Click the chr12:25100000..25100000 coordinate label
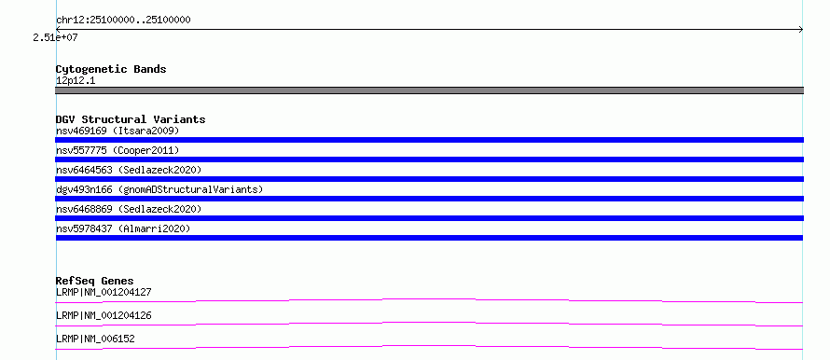click(123, 21)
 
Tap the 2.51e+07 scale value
click(56, 37)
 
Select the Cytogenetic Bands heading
click(111, 69)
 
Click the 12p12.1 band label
click(76, 81)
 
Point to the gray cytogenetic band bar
click(429, 90)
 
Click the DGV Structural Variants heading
click(131, 119)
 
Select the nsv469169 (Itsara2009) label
click(118, 131)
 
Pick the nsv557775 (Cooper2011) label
click(118, 150)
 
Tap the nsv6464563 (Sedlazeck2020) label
click(129, 170)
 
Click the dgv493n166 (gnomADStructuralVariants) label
click(159, 189)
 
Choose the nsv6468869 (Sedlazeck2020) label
click(129, 209)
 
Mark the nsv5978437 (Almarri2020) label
click(123, 228)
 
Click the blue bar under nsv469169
click(429, 140)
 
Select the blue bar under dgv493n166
click(429, 199)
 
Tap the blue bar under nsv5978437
click(429, 238)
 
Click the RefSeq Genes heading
click(94, 281)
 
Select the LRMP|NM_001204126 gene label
click(104, 315)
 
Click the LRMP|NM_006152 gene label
click(95, 339)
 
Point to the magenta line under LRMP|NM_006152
click(429, 346)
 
